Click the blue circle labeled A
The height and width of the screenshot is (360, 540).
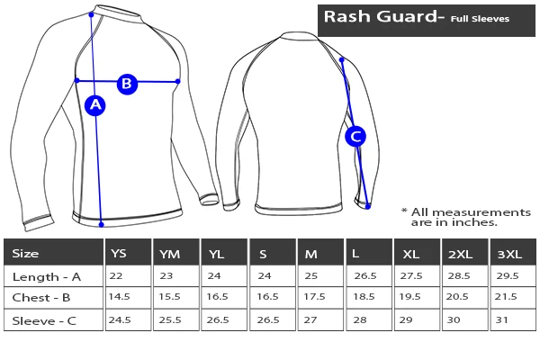pos(95,106)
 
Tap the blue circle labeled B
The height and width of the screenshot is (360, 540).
pos(127,84)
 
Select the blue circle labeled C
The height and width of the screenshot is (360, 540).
pos(355,137)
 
